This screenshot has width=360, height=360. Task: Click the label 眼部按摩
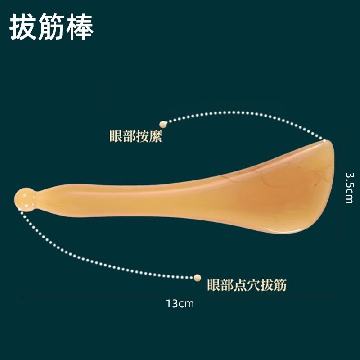click(135, 136)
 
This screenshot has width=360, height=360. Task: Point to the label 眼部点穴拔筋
click(247, 285)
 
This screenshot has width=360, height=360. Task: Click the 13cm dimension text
click(180, 304)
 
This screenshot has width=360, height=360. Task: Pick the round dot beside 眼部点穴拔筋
click(197, 278)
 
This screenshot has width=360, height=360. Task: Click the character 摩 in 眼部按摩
click(155, 136)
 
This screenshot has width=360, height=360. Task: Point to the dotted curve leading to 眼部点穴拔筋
click(90, 260)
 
